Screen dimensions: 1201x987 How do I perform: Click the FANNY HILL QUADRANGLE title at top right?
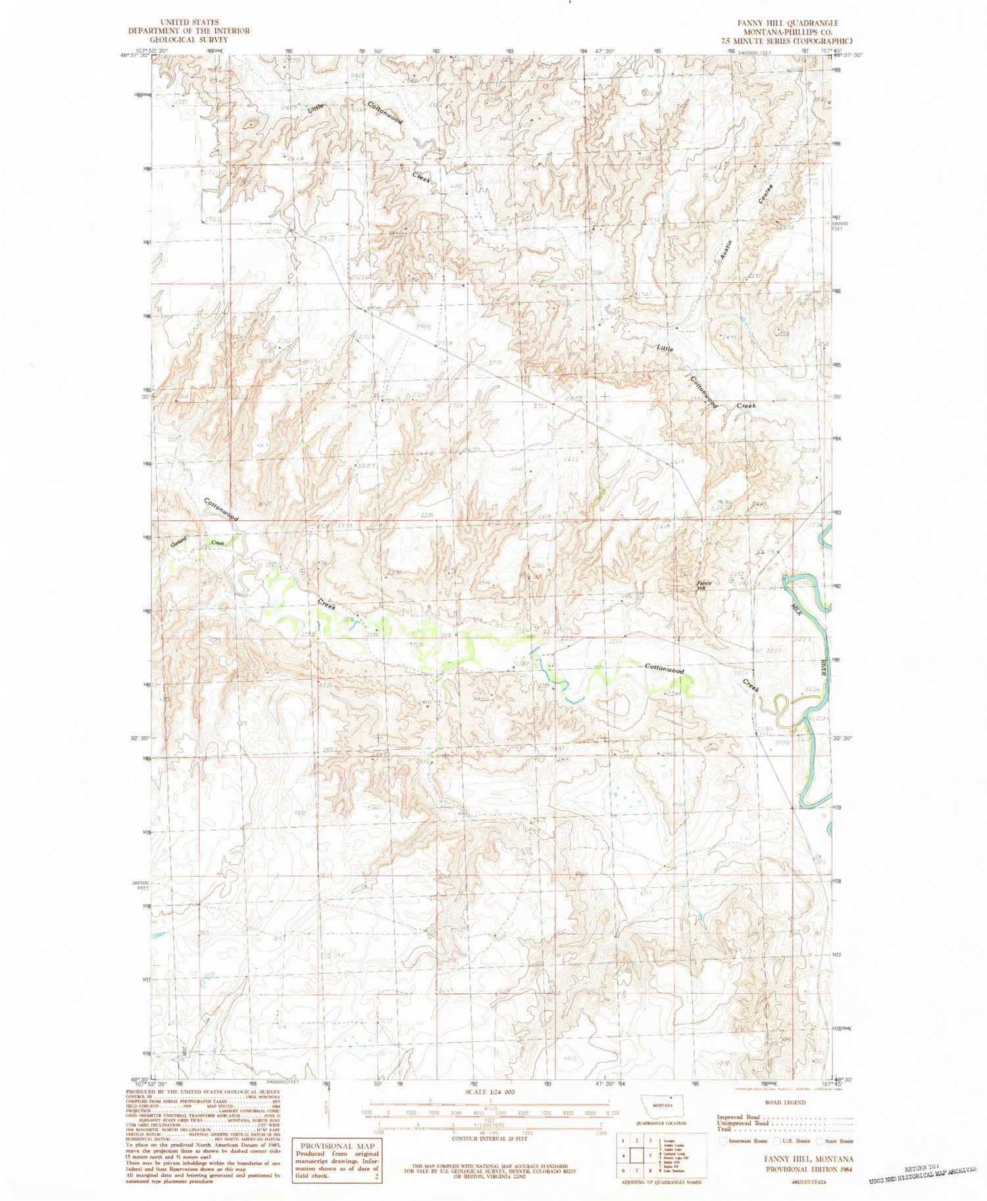779,23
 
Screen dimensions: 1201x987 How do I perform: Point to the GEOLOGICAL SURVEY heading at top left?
189,39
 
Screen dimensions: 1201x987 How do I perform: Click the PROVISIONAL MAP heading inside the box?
337,1145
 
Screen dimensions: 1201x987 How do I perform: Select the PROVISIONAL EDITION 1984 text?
809,1169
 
